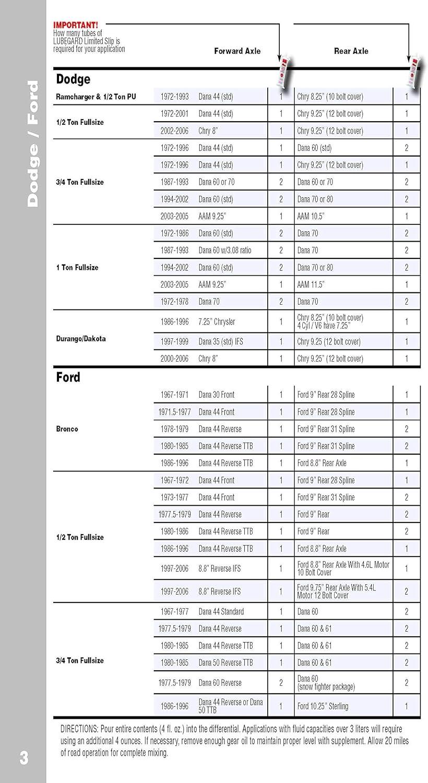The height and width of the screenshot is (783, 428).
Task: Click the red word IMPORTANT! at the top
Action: [76, 25]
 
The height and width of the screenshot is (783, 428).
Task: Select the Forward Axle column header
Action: [237, 51]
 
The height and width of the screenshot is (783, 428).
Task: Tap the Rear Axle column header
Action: [351, 51]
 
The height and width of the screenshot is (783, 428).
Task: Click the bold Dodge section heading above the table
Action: [73, 79]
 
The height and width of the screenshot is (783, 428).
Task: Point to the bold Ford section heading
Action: [68, 377]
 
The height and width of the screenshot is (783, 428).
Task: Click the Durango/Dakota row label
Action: [80, 338]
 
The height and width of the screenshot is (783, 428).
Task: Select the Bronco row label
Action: [67, 429]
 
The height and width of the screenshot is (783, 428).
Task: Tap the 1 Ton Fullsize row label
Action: [77, 267]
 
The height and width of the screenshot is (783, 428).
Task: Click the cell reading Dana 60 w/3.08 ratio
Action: [224, 251]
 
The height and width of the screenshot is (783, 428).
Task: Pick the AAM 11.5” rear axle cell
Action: [311, 284]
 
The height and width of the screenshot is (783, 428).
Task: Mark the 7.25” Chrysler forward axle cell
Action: [217, 322]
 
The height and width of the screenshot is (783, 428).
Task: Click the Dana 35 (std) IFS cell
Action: [220, 341]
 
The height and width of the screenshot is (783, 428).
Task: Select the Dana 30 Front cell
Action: [217, 395]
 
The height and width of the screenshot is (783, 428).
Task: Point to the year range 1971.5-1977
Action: [174, 412]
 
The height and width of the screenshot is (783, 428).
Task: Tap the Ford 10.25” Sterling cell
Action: [323, 706]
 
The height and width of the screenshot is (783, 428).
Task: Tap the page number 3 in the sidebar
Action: [24, 758]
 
